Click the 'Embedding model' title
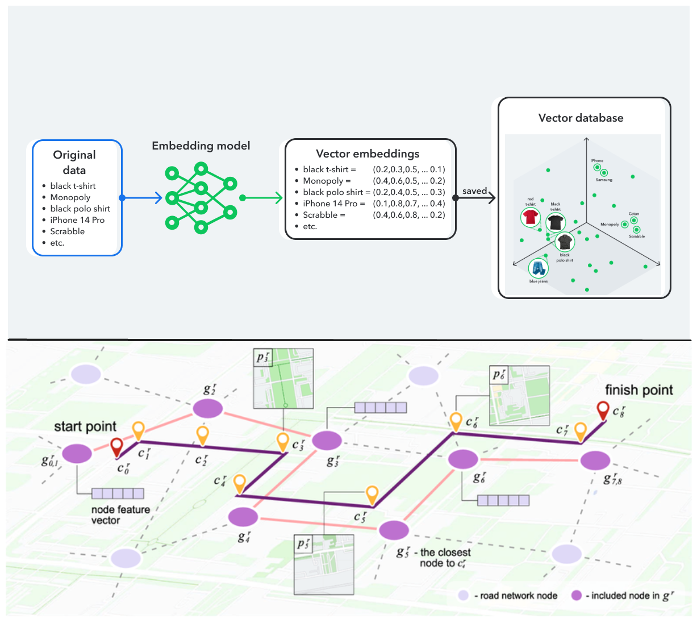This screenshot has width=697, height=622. click(x=201, y=146)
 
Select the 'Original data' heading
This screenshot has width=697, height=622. click(x=74, y=162)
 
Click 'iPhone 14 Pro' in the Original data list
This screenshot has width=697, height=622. click(x=77, y=220)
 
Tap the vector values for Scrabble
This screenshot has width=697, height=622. click(x=408, y=215)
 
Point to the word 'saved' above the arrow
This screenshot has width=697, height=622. click(x=474, y=191)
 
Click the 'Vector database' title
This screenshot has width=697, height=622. click(x=581, y=118)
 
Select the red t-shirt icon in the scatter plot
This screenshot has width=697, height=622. click(x=530, y=217)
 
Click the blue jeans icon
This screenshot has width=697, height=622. click(x=537, y=268)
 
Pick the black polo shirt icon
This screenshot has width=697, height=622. click(x=565, y=242)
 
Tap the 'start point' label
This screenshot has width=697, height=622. click(x=85, y=426)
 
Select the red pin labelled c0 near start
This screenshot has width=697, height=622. click(x=116, y=447)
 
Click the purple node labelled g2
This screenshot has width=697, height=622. click(x=207, y=408)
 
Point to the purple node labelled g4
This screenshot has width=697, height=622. click(x=243, y=517)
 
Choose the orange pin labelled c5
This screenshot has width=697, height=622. click(x=372, y=495)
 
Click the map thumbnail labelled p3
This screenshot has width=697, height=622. click(x=283, y=379)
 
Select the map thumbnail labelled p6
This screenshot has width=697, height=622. click(x=519, y=395)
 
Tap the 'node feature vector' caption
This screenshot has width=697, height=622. click(x=120, y=515)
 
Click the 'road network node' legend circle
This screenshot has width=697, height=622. click(x=464, y=595)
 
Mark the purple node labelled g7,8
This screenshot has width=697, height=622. click(x=595, y=461)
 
